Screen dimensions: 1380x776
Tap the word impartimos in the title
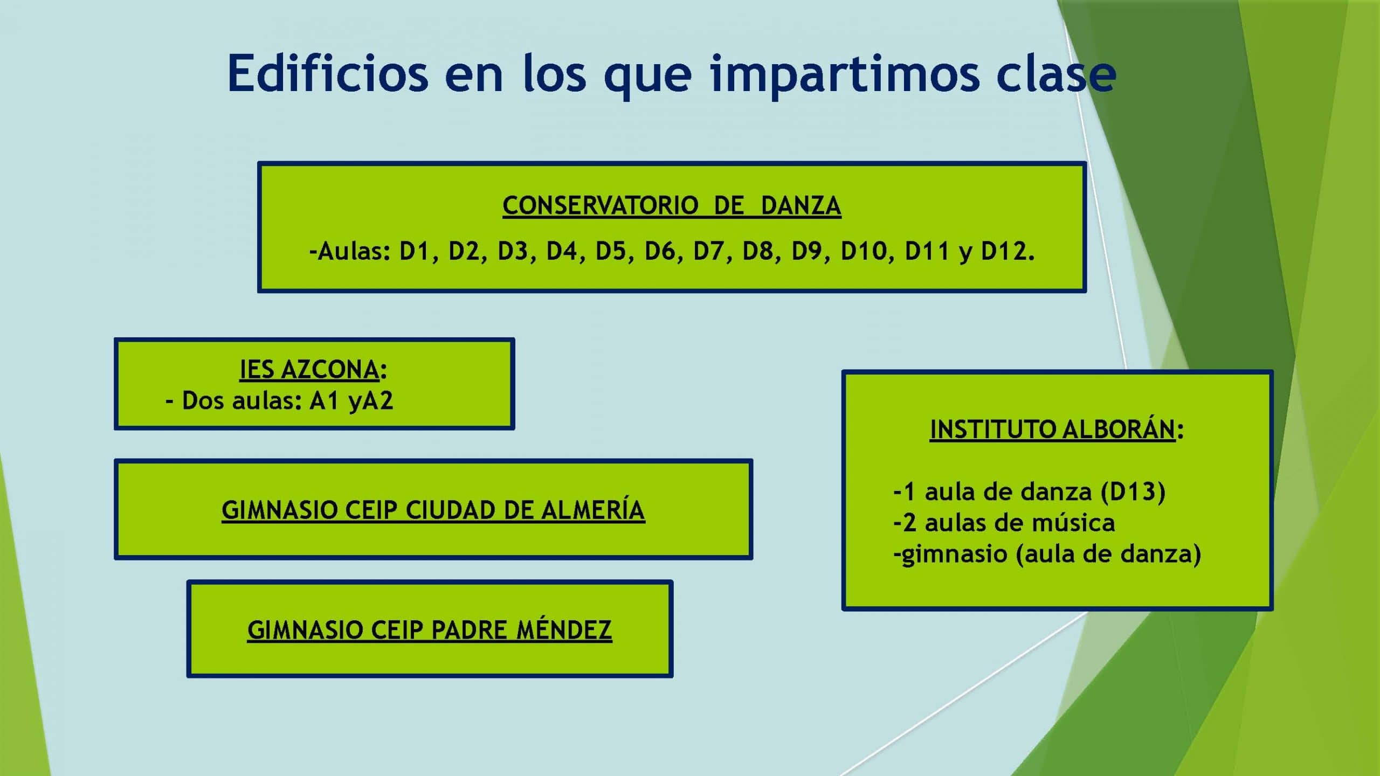pyautogui.click(x=844, y=76)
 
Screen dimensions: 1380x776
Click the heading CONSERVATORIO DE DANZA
pyautogui.click(x=672, y=205)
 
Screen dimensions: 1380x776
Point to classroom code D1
pyautogui.click(x=414, y=251)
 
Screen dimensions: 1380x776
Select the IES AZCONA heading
pyautogui.click(x=309, y=369)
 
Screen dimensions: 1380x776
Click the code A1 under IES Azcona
pyautogui.click(x=324, y=400)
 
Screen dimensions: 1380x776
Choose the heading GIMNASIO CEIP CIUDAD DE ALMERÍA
pyautogui.click(x=433, y=510)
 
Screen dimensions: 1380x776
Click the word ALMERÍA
pyautogui.click(x=593, y=510)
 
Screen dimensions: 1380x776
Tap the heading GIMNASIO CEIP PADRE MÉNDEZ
pyautogui.click(x=430, y=630)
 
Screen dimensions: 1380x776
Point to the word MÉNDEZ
pyautogui.click(x=564, y=630)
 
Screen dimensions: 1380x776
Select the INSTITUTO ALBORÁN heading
pyautogui.click(x=1053, y=429)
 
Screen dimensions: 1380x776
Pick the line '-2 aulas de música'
pyautogui.click(x=1004, y=523)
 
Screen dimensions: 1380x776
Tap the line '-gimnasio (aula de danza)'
pyautogui.click(x=1047, y=555)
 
